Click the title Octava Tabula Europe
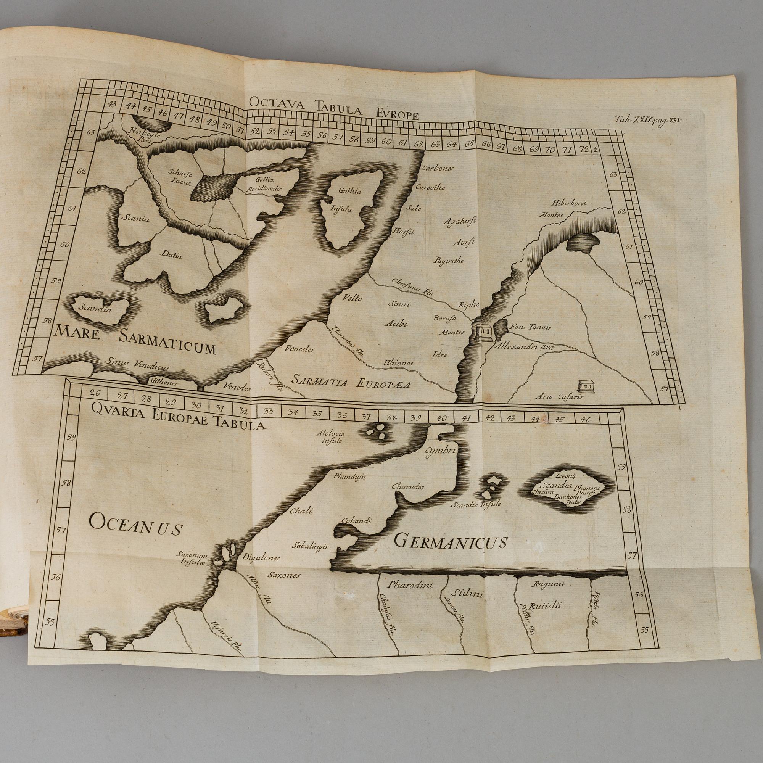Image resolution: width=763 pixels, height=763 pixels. (x=333, y=113)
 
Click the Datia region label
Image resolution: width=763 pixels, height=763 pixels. (x=171, y=256)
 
